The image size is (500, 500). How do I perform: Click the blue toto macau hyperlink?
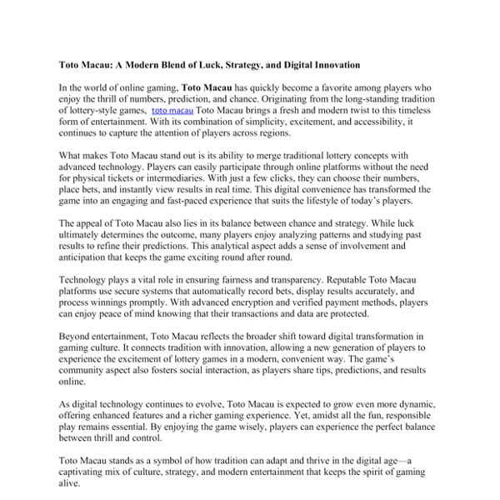(172, 109)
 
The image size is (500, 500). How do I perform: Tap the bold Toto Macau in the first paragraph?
(208, 86)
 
